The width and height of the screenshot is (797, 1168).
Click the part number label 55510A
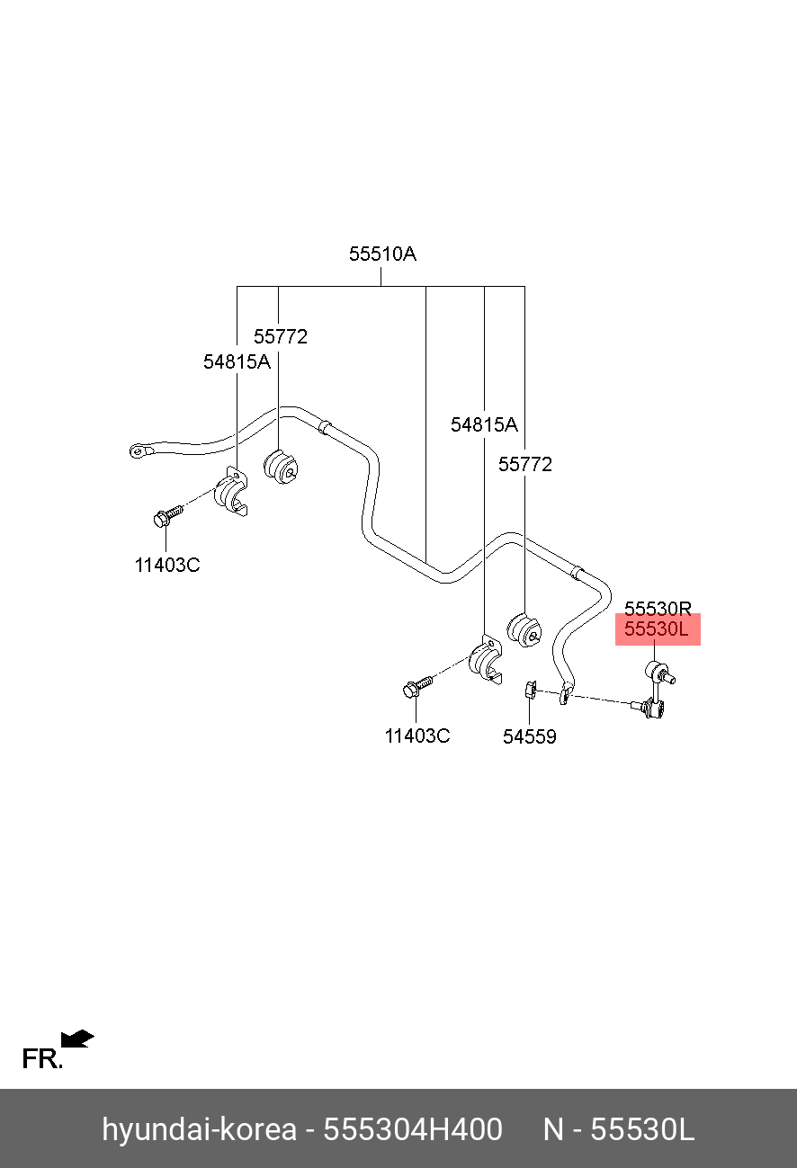pos(382,254)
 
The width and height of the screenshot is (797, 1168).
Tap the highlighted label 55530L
pos(656,629)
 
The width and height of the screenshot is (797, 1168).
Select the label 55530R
pos(658,609)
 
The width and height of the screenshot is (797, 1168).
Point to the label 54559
pos(530,736)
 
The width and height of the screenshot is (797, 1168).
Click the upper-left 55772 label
pos(281,336)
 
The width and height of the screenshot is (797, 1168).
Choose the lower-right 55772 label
pos(524,464)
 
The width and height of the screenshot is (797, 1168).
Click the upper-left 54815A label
pos(237,361)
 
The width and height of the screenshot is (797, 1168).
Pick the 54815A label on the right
pos(484,424)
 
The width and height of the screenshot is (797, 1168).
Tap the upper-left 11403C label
pos(167,565)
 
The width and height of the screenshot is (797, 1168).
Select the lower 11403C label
pos(417,736)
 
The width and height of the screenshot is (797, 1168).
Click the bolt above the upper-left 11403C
pos(168,515)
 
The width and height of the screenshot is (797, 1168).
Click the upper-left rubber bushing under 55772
pos(281,467)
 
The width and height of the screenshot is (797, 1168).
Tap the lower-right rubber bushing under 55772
pos(524,629)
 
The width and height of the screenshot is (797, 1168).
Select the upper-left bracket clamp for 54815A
pos(231,491)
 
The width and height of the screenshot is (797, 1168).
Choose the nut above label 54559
pos(531,691)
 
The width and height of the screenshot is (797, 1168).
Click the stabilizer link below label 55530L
pos(654,690)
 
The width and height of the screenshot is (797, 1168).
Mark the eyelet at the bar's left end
pos(138,450)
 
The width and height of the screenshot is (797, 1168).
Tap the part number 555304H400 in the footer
pos(413,1129)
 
